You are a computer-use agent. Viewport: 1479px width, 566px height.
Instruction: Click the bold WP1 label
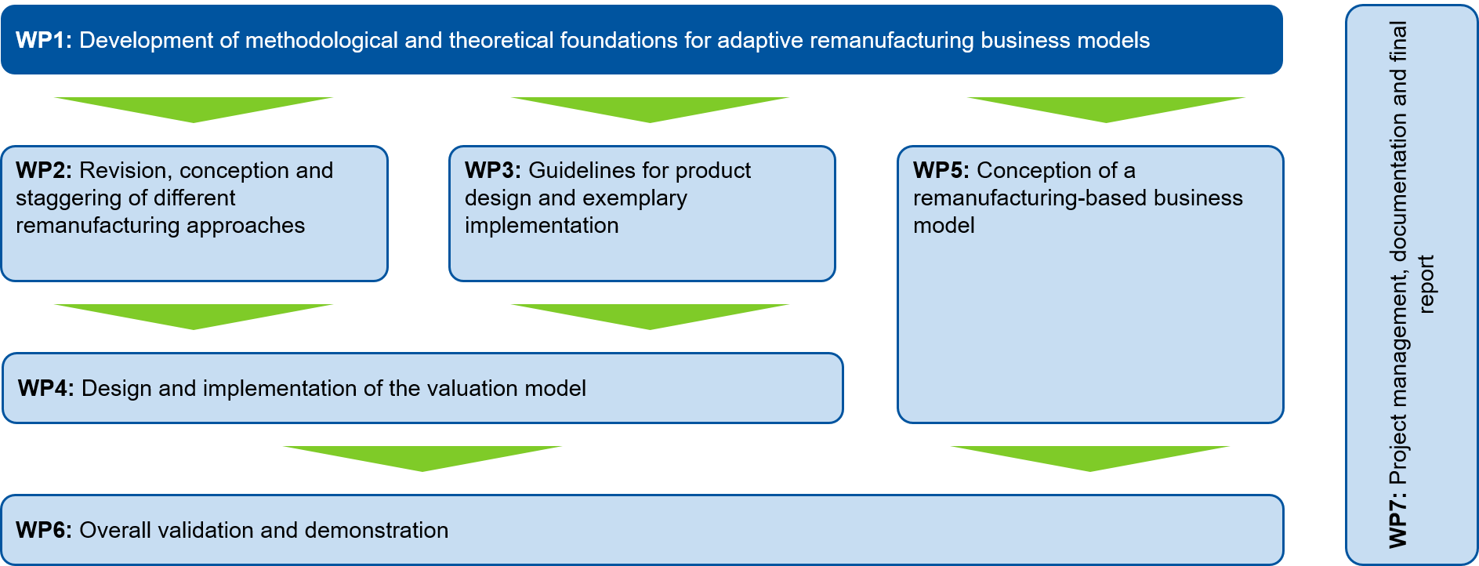[44, 41]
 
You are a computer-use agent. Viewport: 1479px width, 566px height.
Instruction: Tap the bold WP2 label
[44, 171]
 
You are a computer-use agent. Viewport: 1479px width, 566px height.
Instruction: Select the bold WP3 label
[493, 171]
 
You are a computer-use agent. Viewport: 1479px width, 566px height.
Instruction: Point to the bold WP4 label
[46, 389]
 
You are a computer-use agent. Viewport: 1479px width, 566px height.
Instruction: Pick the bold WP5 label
[941, 171]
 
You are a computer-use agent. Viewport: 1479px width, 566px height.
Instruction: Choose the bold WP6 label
[44, 531]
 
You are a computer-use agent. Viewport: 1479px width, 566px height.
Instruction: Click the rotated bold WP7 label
[1397, 520]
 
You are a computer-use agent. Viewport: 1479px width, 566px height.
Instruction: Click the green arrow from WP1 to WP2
[194, 110]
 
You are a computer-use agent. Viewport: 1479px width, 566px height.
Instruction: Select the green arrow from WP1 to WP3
[650, 110]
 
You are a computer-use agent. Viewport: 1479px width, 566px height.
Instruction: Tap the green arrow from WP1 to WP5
[1106, 110]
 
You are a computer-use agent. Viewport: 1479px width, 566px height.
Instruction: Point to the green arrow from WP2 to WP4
[194, 317]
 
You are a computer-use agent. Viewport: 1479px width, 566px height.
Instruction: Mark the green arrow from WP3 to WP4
[650, 317]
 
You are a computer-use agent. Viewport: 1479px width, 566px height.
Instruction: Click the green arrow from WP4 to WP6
[422, 459]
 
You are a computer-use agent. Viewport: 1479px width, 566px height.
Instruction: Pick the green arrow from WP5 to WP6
[1090, 459]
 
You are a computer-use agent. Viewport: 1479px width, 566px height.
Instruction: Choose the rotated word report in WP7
[1426, 284]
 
